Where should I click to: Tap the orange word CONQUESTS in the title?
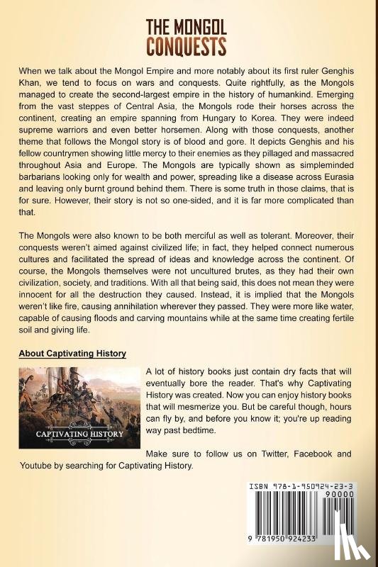pos(186,47)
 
